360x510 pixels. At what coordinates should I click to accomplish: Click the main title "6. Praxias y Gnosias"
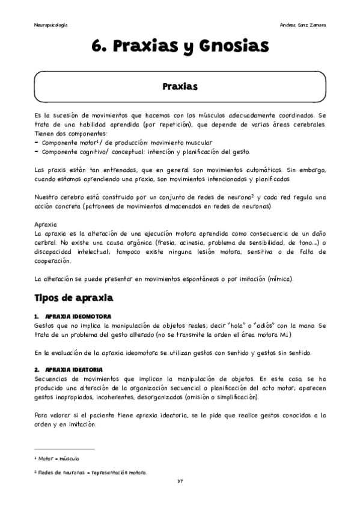[180, 46]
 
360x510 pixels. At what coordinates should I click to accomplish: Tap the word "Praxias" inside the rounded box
[180, 87]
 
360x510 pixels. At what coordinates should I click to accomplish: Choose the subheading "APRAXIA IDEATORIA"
[75, 369]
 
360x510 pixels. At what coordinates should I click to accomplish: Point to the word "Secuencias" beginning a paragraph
[53, 378]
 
